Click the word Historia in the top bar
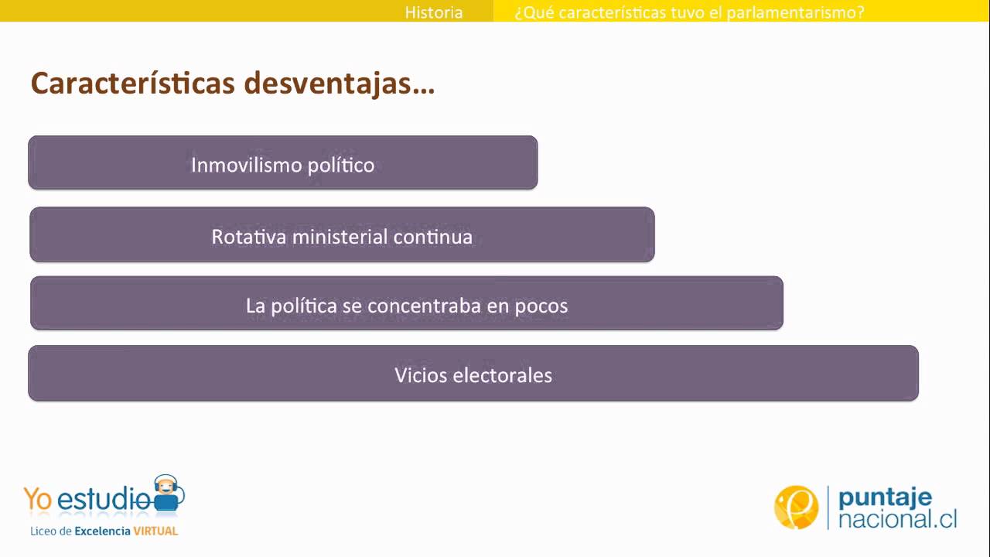[434, 12]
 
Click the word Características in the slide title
[132, 84]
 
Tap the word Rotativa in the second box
[248, 237]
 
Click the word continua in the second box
[433, 237]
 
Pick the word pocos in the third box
[541, 306]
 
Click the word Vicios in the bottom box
[420, 375]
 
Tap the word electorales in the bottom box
[502, 375]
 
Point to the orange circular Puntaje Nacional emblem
[796, 507]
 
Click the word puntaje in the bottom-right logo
[886, 497]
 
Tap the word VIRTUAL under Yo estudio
[155, 531]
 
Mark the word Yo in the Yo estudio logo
[38, 499]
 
